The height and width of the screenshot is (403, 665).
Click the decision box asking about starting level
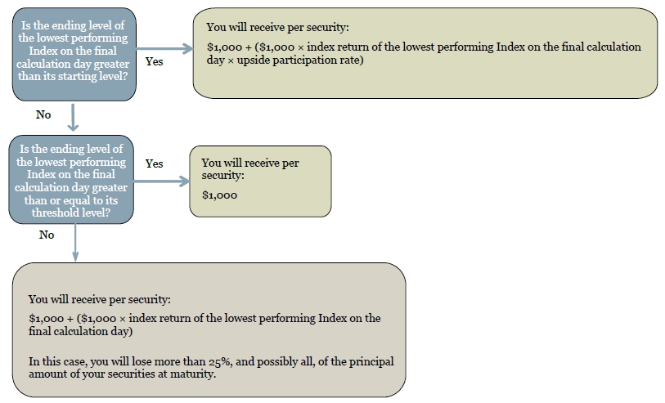pyautogui.click(x=74, y=54)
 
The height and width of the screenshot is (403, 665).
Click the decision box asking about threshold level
pyautogui.click(x=71, y=180)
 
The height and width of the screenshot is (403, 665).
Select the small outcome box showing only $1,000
pyautogui.click(x=260, y=181)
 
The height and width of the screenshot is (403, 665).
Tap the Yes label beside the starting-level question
pyautogui.click(x=154, y=61)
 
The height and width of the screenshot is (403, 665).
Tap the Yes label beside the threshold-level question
pyautogui.click(x=154, y=163)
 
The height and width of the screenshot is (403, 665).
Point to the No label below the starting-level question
pyautogui.click(x=43, y=114)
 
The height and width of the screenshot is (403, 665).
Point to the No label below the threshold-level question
pyautogui.click(x=47, y=235)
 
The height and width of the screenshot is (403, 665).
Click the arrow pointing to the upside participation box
pyautogui.click(x=164, y=49)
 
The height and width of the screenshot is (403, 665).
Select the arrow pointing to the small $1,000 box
pyautogui.click(x=162, y=181)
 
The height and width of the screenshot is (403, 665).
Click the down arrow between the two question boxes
pyautogui.click(x=74, y=118)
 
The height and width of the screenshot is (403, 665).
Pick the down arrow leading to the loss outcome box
pyautogui.click(x=75, y=243)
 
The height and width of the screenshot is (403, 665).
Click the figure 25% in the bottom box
pyautogui.click(x=220, y=361)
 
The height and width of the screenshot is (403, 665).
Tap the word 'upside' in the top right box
pyautogui.click(x=253, y=60)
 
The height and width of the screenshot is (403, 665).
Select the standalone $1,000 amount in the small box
pyautogui.click(x=220, y=195)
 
